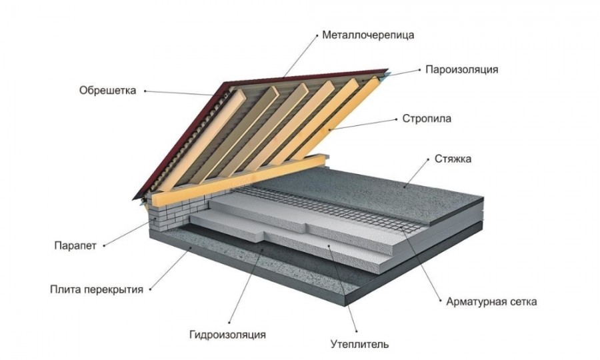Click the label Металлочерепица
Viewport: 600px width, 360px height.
click(368, 35)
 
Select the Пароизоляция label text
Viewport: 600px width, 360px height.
click(462, 69)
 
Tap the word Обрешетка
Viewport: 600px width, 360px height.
click(107, 91)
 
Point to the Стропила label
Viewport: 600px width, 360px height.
click(427, 119)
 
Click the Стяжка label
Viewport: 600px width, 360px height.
click(453, 159)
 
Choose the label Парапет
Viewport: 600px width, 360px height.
click(75, 245)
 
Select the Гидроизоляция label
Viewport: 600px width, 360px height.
click(227, 335)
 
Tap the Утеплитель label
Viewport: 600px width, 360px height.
click(360, 344)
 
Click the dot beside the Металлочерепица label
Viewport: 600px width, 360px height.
click(317, 35)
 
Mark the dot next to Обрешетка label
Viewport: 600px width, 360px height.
click(145, 91)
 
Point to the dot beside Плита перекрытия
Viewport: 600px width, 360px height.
click(150, 289)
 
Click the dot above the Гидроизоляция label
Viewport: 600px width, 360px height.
click(229, 323)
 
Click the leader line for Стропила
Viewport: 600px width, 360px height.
click(363, 125)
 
